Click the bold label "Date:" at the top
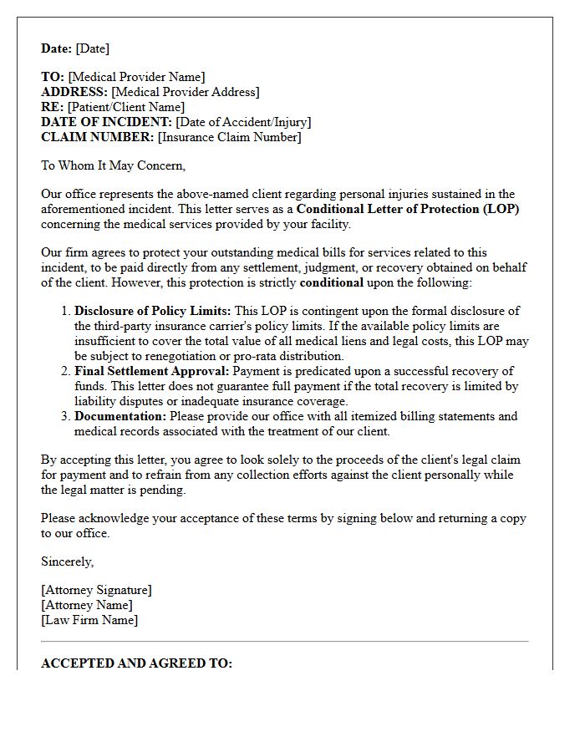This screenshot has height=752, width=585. pos(57,48)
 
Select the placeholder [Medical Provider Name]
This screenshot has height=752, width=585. pos(136,77)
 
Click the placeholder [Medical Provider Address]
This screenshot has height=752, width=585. pos(185,92)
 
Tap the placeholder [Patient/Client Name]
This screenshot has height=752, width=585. pos(126,107)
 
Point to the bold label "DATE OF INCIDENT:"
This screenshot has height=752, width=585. pos(106,122)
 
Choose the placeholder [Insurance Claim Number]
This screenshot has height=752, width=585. pos(229,137)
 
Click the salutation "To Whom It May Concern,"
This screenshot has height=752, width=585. pos(114,165)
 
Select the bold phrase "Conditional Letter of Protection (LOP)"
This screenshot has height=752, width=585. pos(407,209)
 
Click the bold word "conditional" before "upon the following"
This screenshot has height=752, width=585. pos(332,282)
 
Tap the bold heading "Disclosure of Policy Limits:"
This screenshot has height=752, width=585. pos(153,311)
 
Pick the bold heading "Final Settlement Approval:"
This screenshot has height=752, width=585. pos(152,371)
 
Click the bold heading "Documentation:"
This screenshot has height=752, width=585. pos(120,416)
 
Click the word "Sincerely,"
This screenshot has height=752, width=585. pos(68,561)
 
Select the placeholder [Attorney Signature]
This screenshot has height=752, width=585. pos(96,590)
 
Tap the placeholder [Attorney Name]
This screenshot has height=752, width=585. pos(86,605)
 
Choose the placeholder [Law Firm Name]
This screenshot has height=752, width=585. pos(89,620)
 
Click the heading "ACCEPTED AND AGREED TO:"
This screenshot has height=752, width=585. pos(136,663)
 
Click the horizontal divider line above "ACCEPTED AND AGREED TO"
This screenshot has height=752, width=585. pos(284,642)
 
